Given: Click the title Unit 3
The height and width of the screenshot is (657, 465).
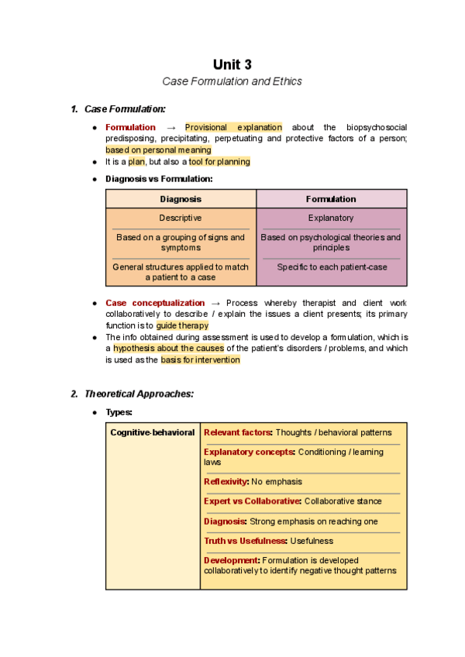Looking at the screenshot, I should pos(232,64).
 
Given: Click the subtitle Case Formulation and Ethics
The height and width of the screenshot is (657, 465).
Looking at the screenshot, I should pos(232,81).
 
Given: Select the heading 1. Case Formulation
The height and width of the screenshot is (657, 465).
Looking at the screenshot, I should pos(124,109).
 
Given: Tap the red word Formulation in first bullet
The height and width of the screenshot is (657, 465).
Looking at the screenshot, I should pos(130,127).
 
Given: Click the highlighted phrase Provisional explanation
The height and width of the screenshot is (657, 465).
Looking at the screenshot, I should pos(233,127).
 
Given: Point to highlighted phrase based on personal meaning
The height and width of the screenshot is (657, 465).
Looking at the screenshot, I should pos(158,150).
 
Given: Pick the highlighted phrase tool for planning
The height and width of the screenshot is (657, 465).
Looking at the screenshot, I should pos(219,162).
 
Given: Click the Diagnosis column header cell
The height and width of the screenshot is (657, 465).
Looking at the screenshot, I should pos(181,199).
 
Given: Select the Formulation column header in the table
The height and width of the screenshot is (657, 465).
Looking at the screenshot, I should pos(331,199).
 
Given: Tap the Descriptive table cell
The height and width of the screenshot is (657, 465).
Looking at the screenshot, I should pos(181,218).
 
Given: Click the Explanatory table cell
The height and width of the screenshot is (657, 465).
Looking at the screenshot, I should pos(331,218).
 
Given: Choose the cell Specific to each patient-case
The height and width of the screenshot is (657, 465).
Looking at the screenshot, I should pos(331,267).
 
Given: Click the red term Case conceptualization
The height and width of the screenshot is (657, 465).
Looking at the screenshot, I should pos(155,303).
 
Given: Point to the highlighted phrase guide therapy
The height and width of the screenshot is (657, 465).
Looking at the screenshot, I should pos(182,325).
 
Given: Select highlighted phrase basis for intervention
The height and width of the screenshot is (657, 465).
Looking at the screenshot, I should pos(201,360).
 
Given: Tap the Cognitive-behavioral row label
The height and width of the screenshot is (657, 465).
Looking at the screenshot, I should pos(153,432).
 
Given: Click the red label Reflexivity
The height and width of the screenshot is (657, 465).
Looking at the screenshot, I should pos(226,481).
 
